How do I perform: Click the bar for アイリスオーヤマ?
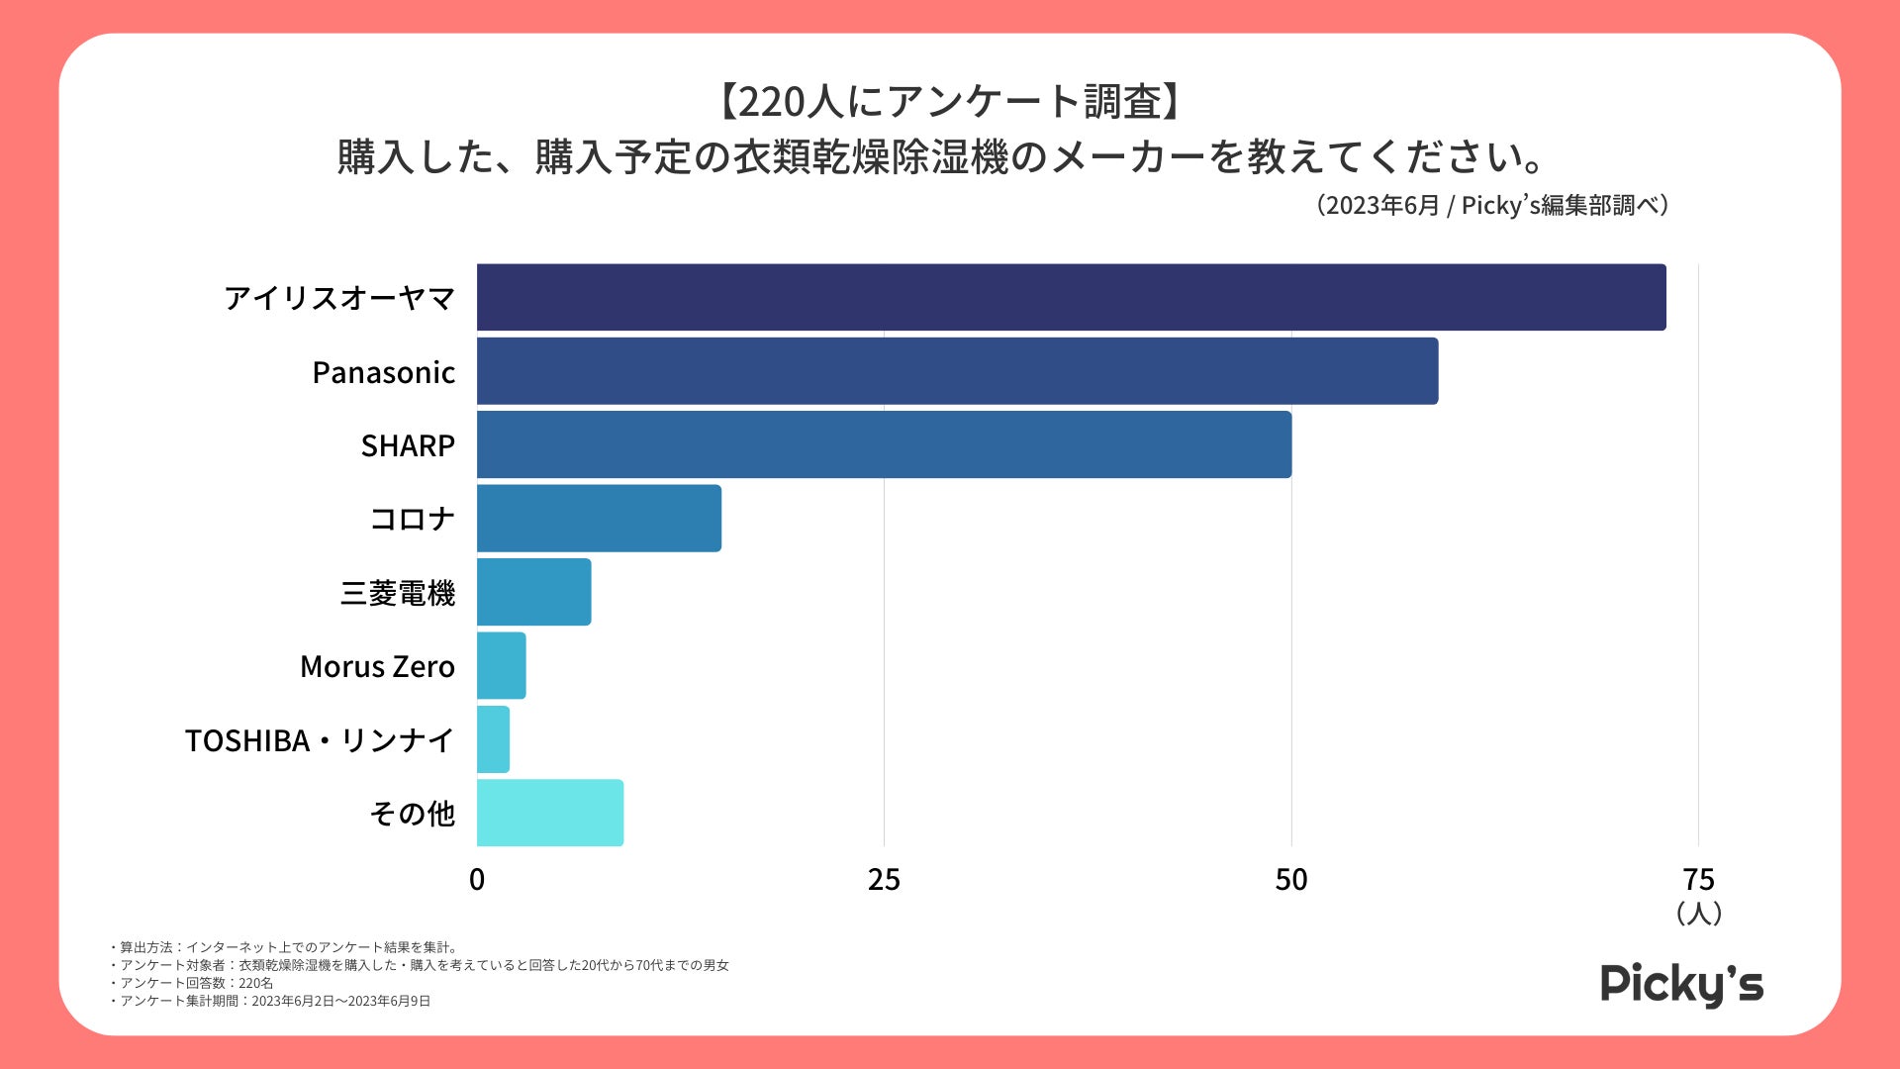coord(1071,297)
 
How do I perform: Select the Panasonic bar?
coord(957,371)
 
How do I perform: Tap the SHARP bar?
coord(884,444)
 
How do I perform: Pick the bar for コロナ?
coord(599,518)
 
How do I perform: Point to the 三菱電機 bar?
coord(533,592)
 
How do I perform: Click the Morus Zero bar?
coord(501,665)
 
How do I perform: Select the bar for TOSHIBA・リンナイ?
coord(493,739)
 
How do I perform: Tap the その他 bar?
coord(550,813)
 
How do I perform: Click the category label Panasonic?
coord(383,372)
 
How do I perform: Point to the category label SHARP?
coord(408,445)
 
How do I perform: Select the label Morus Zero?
coord(377,666)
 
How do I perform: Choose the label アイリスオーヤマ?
coord(339,298)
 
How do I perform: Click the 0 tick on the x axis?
coord(477,879)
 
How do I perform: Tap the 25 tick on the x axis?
coord(884,879)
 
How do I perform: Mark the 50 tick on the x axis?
coord(1291,879)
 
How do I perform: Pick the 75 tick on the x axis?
coord(1698,879)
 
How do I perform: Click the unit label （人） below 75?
coord(1699,913)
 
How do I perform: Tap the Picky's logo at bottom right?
coord(1681,984)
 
